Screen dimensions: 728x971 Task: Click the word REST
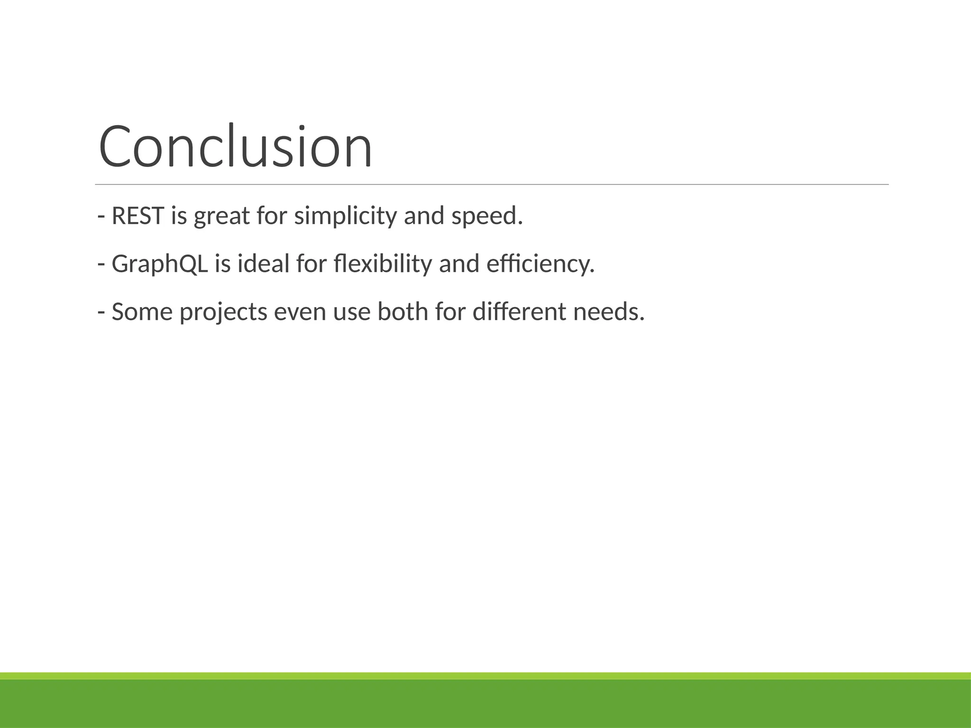tap(137, 216)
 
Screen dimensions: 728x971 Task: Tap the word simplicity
tap(345, 216)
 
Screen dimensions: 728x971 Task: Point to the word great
tap(221, 217)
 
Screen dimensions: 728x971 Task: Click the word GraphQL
tap(160, 264)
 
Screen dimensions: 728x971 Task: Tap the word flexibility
tap(383, 264)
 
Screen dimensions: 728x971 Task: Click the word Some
tap(142, 312)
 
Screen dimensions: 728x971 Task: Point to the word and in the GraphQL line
tap(459, 264)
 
